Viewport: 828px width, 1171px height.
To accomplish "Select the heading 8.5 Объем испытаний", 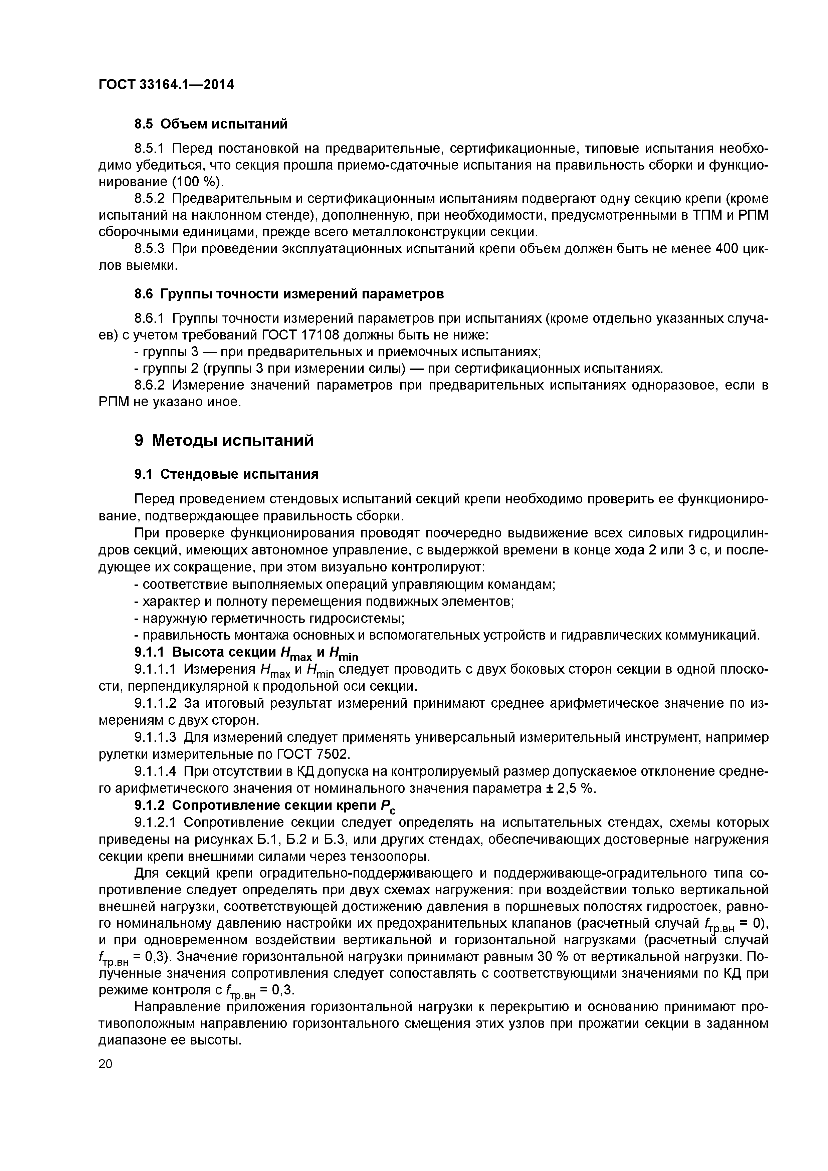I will pyautogui.click(x=211, y=124).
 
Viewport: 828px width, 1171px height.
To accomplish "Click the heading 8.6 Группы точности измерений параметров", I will pyautogui.click(x=289, y=294).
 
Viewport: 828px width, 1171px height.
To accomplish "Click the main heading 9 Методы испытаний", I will pyautogui.click(x=224, y=440).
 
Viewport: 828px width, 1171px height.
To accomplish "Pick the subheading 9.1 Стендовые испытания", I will pyautogui.click(x=226, y=474).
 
